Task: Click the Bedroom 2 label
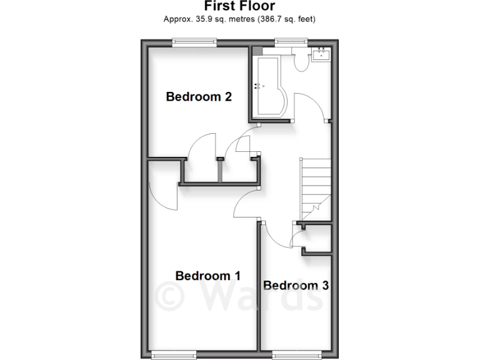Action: (199, 97)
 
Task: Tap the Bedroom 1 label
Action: (208, 276)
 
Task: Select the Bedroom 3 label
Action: (296, 286)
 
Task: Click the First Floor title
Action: (239, 7)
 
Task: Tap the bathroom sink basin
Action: (322, 54)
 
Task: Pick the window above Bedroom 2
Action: (194, 42)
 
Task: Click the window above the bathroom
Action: (292, 42)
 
